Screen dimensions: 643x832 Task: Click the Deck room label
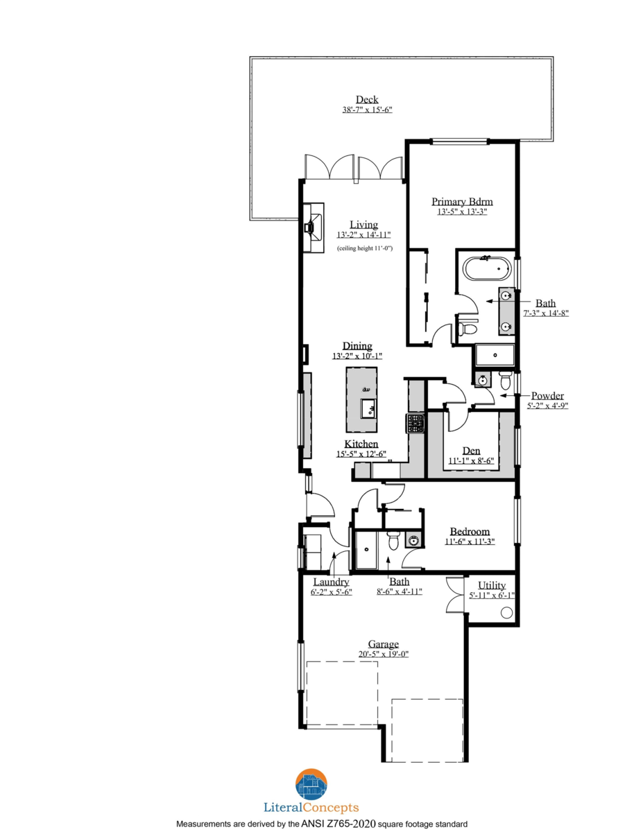point(367,100)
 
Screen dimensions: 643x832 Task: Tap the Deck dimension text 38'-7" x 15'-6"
point(367,110)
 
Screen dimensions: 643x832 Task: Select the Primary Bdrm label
point(462,202)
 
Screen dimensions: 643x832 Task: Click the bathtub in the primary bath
point(488,268)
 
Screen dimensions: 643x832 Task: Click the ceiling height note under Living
point(365,248)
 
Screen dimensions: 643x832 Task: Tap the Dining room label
point(357,346)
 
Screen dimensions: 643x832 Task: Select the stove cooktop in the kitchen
point(415,423)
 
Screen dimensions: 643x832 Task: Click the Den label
point(471,451)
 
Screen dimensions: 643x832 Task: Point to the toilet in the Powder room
point(505,380)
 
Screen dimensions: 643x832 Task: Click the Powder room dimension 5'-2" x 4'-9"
point(548,406)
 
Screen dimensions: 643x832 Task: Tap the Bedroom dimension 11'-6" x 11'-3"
point(470,541)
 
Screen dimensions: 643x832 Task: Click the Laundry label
point(331,582)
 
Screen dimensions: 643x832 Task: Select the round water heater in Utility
point(506,613)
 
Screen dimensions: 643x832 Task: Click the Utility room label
point(492,585)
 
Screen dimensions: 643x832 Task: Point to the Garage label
point(384,644)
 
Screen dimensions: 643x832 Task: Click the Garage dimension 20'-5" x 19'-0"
point(384,655)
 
